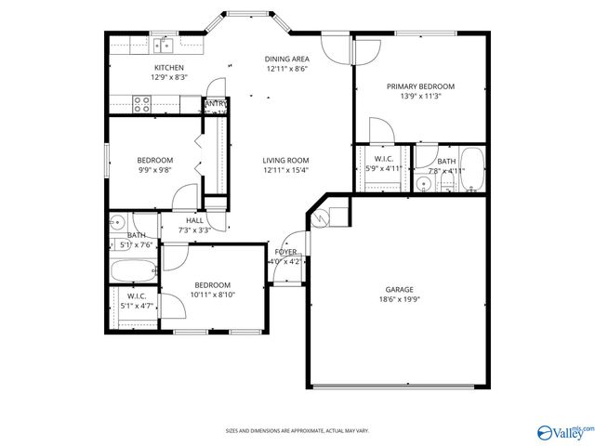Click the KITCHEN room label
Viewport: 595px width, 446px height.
coord(168,68)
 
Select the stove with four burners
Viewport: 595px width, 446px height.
coord(142,104)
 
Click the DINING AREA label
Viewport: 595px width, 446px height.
coord(286,59)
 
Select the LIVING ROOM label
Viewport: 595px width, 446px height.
coord(285,160)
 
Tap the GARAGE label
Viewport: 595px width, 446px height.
coord(400,289)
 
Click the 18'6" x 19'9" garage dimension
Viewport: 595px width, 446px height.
coord(400,299)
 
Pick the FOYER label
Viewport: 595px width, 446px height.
coord(284,252)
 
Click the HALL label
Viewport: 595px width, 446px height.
coord(194,219)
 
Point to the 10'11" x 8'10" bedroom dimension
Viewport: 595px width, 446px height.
coord(212,295)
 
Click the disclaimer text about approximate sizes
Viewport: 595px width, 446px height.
coord(297,430)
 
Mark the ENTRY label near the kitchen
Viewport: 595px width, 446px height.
coord(216,104)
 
